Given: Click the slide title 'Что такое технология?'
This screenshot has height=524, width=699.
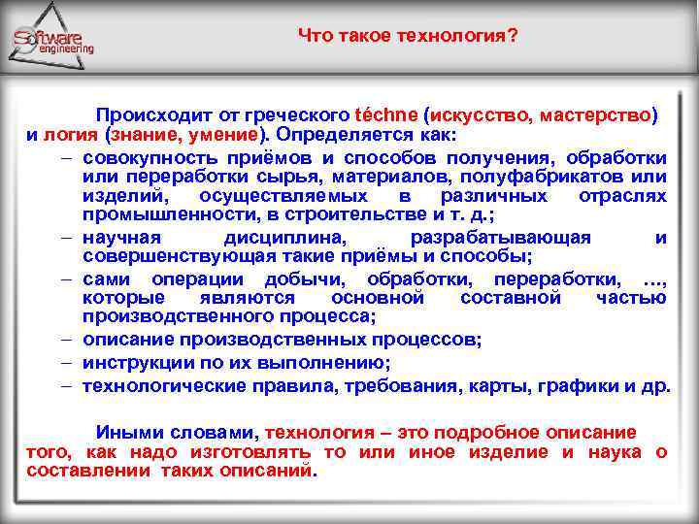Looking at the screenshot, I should point(408,36).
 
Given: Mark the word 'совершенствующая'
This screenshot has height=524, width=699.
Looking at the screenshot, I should point(171,257).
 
